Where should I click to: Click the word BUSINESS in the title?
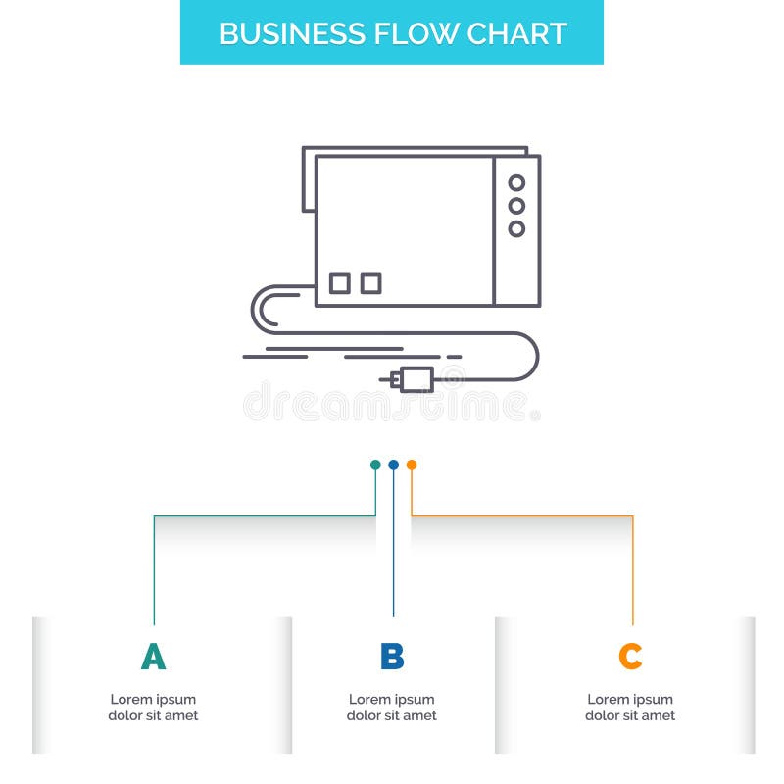(x=279, y=33)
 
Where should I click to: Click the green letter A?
(x=153, y=657)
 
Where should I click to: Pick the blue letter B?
(x=392, y=657)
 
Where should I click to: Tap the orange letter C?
(x=630, y=657)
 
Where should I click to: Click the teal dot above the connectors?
(x=375, y=465)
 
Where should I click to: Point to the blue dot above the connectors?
(x=393, y=465)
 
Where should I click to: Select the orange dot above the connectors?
(x=412, y=465)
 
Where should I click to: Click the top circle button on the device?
(x=516, y=183)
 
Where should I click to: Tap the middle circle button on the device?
(x=516, y=206)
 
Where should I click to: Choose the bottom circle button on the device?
(x=516, y=228)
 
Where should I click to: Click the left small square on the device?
(x=339, y=283)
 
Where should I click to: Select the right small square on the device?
(x=370, y=283)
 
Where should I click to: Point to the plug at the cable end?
(x=414, y=378)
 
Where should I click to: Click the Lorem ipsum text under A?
(x=153, y=708)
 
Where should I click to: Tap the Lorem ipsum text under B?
(x=392, y=708)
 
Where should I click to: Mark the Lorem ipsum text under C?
(x=630, y=708)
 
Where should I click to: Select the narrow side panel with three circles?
(x=516, y=230)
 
